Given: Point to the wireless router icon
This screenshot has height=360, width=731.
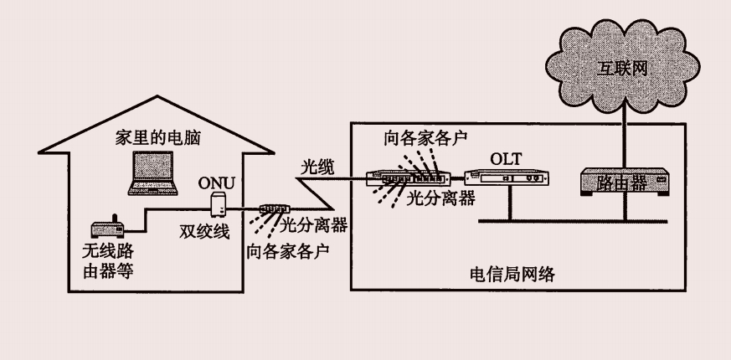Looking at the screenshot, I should [107, 227].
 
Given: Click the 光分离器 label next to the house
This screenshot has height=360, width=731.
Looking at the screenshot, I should [312, 224].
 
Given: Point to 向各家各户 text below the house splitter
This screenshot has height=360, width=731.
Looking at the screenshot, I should [287, 250].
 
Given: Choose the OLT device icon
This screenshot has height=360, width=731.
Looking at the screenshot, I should [507, 177].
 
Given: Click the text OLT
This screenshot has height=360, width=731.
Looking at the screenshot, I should [507, 157].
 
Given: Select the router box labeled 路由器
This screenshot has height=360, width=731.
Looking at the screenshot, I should [622, 182].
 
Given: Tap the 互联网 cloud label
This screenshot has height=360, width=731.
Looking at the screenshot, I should [622, 66].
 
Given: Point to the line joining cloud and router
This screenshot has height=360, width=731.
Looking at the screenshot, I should [622, 134].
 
